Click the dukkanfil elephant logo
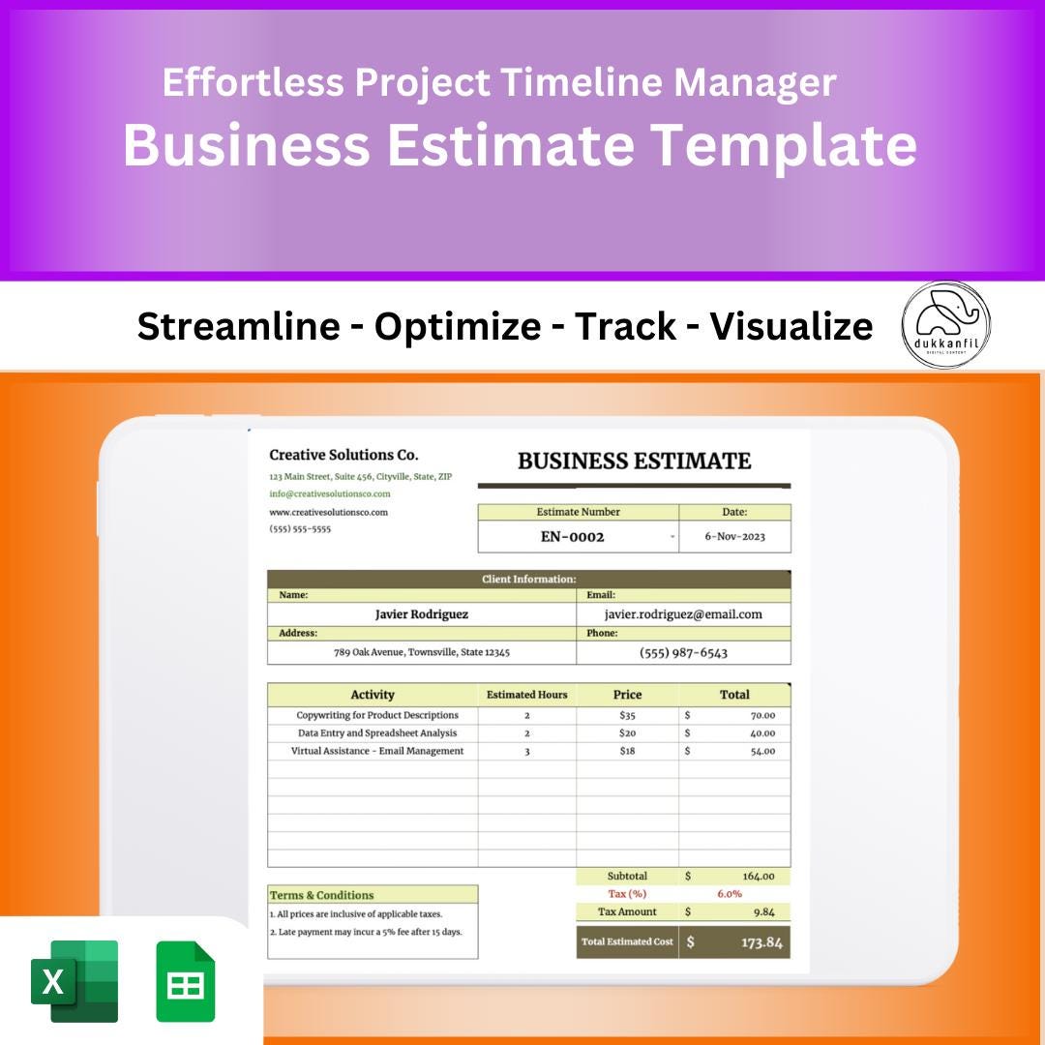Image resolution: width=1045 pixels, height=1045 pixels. tap(945, 325)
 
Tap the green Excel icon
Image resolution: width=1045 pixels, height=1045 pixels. tap(75, 981)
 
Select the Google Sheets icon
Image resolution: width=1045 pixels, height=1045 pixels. tap(186, 981)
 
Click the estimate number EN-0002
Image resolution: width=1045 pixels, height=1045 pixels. tap(572, 537)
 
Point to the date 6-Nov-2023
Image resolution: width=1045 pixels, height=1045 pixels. tap(734, 537)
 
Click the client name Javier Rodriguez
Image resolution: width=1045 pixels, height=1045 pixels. tap(421, 614)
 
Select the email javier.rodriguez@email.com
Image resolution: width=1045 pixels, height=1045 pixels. tap(683, 614)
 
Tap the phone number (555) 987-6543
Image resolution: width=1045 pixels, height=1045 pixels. tap(683, 653)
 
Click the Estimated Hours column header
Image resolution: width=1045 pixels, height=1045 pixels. tap(526, 695)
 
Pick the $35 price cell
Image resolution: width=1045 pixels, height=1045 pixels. tap(627, 716)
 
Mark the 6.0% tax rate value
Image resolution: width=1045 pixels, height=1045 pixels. tap(730, 894)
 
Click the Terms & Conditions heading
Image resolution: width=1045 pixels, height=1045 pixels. tap(322, 895)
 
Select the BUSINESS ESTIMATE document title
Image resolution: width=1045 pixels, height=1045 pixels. tap(634, 461)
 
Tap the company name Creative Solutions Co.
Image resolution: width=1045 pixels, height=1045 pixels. tap(343, 455)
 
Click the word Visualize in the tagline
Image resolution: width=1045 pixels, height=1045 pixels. tap(791, 327)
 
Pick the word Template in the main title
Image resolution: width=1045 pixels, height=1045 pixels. tap(783, 145)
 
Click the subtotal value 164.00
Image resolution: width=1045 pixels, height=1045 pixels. tap(759, 877)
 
